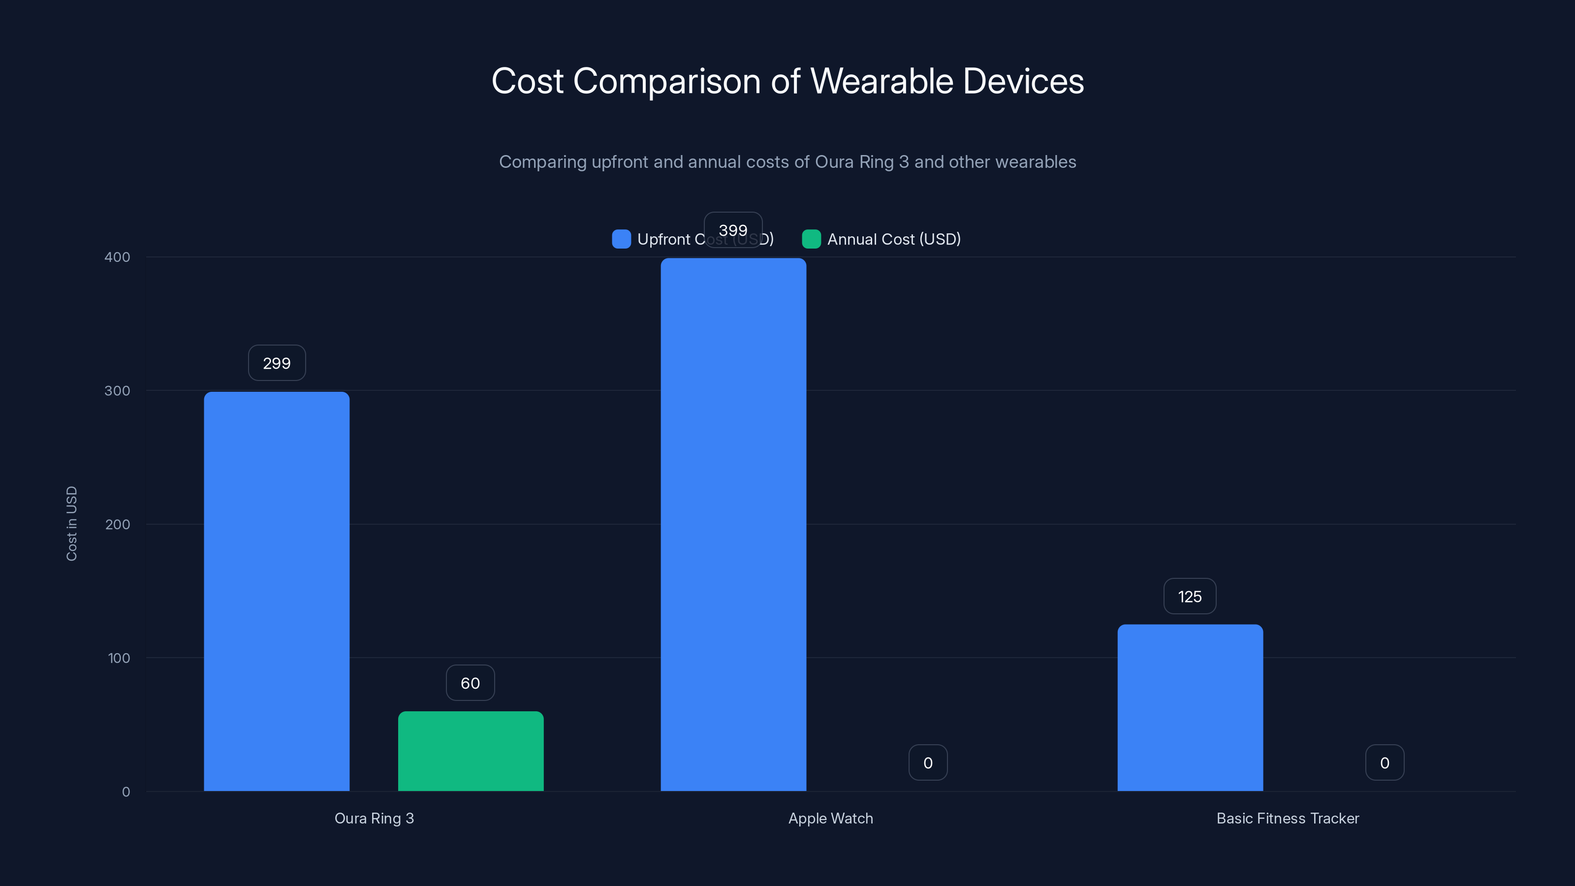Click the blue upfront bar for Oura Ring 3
[276, 591]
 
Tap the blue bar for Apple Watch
[733, 524]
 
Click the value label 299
[276, 363]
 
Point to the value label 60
[470, 683]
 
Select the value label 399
[733, 230]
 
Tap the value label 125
[1190, 596]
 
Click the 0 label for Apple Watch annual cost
[927, 762]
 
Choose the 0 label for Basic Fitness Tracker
[1384, 762]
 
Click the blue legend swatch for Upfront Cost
[621, 239]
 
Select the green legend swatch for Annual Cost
[811, 239]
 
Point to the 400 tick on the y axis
[118, 257]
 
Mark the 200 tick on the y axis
[118, 524]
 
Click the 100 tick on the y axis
[119, 658]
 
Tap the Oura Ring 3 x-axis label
[374, 818]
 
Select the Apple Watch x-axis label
[830, 818]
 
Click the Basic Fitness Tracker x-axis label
[1288, 818]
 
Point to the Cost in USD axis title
[71, 523]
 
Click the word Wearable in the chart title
[881, 81]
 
